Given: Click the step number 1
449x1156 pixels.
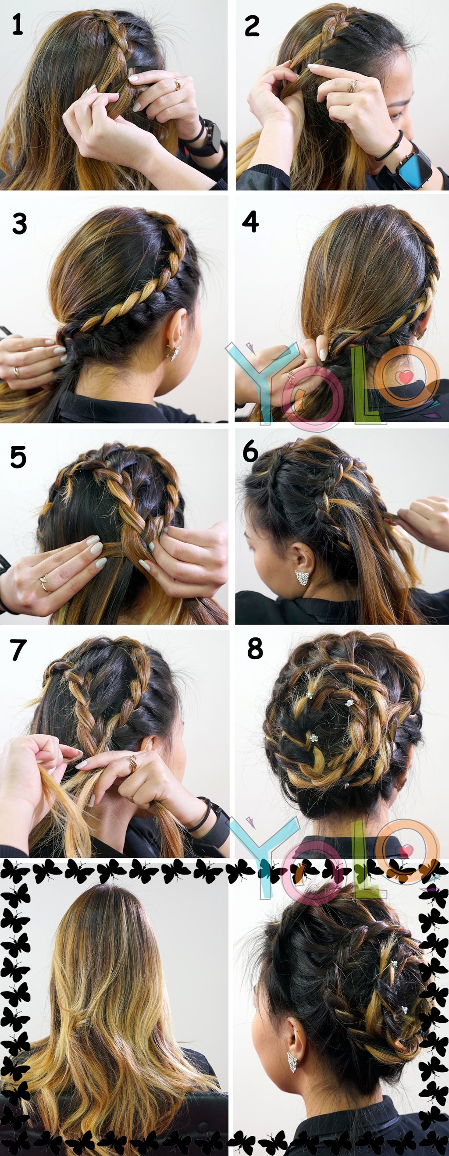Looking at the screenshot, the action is tap(17, 25).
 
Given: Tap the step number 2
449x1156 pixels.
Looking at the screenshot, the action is tap(252, 26).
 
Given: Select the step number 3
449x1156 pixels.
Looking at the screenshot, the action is tap(19, 224).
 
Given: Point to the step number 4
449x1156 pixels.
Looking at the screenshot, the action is tap(250, 222).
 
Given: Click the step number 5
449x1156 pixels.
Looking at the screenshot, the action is tap(18, 458).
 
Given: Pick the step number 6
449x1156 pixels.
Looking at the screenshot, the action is tap(250, 452).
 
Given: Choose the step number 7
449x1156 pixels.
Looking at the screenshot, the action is tap(18, 650).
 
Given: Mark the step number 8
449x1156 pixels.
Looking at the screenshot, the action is tap(255, 649).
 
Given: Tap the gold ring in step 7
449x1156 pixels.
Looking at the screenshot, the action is tap(132, 762).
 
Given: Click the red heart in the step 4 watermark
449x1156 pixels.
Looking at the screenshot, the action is tap(406, 377).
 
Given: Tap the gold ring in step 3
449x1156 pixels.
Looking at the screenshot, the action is tap(17, 372).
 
